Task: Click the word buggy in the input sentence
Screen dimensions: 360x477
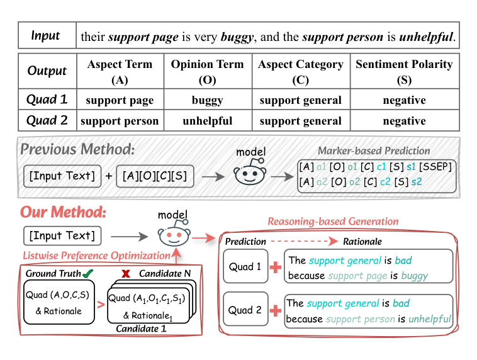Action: [x=237, y=37]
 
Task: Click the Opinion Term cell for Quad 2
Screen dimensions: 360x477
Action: [x=208, y=121]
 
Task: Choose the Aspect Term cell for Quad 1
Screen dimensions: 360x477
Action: [x=120, y=100]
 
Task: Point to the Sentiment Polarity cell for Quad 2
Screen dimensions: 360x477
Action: [x=403, y=121]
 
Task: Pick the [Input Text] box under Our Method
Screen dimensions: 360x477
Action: [x=61, y=236]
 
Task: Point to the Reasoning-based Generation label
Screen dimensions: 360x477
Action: [x=333, y=221]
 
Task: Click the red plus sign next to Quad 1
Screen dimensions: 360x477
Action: [x=274, y=267]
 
